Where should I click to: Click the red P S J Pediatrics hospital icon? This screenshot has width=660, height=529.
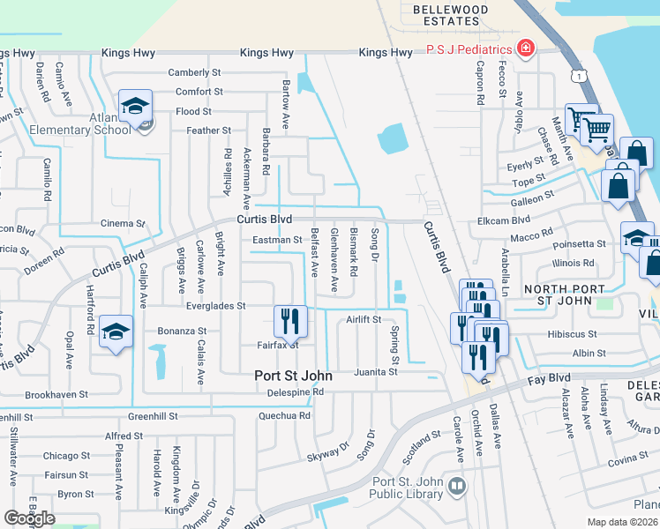pyautogui.click(x=526, y=47)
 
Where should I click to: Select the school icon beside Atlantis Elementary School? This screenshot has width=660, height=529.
pyautogui.click(x=136, y=108)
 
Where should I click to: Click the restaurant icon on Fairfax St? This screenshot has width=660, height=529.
pyautogui.click(x=291, y=323)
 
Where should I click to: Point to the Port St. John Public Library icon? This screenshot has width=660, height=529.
pyautogui.click(x=456, y=486)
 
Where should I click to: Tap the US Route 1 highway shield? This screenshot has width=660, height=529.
pyautogui.click(x=577, y=78)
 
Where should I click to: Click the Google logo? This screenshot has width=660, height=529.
pyautogui.click(x=29, y=518)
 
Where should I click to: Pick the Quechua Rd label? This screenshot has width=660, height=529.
pyautogui.click(x=284, y=415)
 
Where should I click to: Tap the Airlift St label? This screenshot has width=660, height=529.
pyautogui.click(x=363, y=319)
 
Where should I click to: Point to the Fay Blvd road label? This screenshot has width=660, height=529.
pyautogui.click(x=546, y=379)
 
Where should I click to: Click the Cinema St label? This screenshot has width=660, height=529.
pyautogui.click(x=122, y=223)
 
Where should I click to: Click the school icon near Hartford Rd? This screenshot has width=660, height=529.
pyautogui.click(x=116, y=332)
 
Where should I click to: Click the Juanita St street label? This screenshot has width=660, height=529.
pyautogui.click(x=376, y=372)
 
